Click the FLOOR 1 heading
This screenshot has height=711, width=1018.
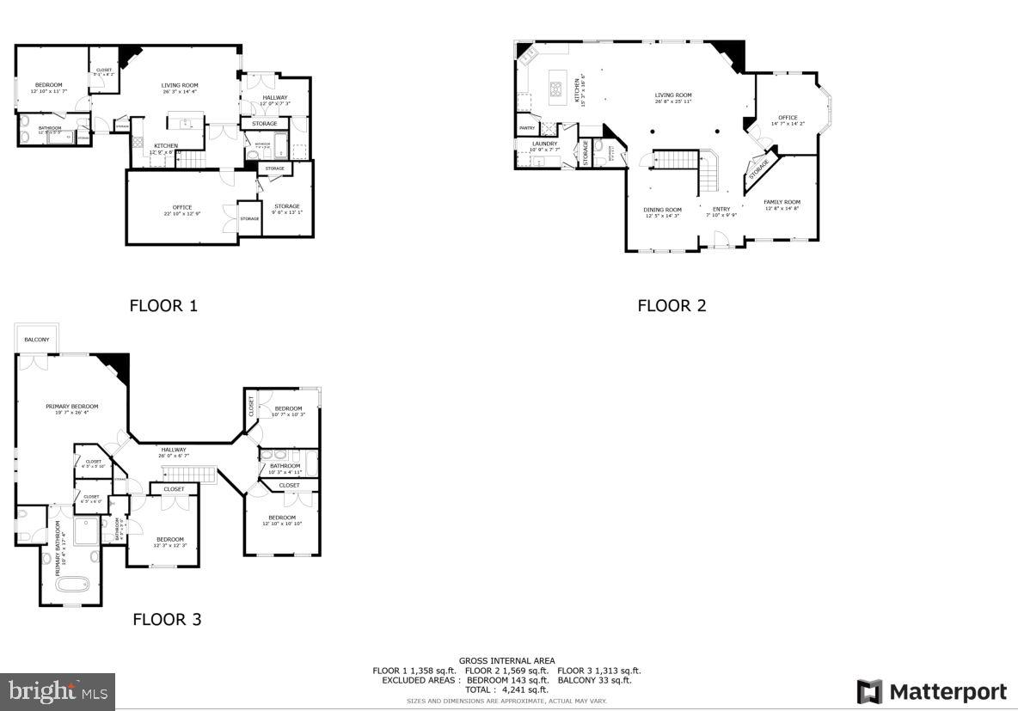[163, 305]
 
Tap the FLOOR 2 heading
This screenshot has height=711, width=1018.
[672, 305]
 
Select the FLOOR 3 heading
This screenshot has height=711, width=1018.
[167, 619]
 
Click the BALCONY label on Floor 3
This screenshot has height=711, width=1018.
[36, 340]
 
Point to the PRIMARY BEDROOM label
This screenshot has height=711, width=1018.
[72, 407]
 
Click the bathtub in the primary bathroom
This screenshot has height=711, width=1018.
[73, 586]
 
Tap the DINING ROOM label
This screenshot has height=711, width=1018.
[662, 210]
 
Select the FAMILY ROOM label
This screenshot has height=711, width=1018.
[782, 203]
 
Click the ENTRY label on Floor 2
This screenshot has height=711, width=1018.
[721, 210]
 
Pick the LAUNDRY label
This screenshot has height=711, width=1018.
[544, 144]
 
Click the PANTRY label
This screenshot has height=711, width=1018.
[526, 128]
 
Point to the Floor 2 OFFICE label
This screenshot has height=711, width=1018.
[788, 118]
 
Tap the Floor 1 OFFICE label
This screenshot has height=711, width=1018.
[181, 207]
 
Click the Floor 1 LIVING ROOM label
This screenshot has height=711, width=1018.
[180, 85]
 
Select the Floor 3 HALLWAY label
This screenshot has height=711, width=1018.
[174, 450]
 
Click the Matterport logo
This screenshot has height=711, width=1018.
[932, 691]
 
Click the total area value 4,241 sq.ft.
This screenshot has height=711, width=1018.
[526, 690]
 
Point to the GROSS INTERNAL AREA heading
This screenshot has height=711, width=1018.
[506, 660]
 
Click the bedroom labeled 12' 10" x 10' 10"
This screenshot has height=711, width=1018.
[282, 518]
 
